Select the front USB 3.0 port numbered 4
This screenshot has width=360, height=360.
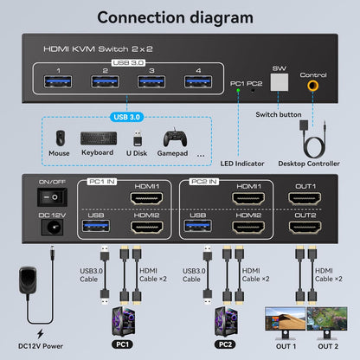coord(196,83)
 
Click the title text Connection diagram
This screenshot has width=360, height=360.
coord(179,17)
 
